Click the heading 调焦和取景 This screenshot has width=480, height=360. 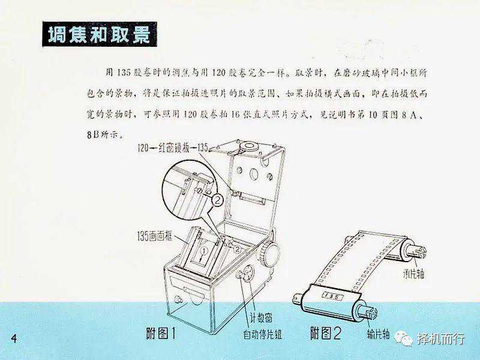click(x=99, y=34)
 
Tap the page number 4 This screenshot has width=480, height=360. click(x=13, y=339)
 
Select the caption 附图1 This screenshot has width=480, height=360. click(x=161, y=333)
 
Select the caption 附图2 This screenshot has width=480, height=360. click(x=325, y=333)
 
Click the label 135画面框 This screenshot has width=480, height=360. click(x=155, y=237)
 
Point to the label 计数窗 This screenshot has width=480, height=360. click(x=261, y=318)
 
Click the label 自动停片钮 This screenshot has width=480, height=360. click(x=262, y=334)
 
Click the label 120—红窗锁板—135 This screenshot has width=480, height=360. click(x=173, y=148)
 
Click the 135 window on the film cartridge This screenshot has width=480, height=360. click(x=332, y=296)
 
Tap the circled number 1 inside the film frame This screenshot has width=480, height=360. click(x=203, y=250)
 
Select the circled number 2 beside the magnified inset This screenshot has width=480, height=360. click(x=217, y=200)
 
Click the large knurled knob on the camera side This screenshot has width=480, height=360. click(x=269, y=254)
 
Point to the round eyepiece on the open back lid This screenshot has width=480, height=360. click(x=247, y=145)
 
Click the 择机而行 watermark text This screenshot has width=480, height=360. click(x=441, y=339)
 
